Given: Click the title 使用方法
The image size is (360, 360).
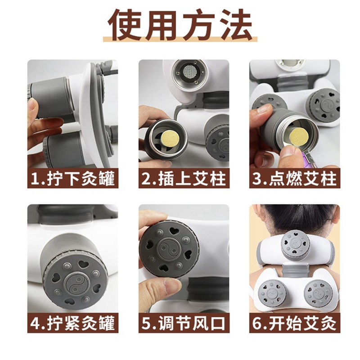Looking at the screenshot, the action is click(180, 25).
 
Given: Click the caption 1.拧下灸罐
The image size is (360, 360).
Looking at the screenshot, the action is click(72, 179).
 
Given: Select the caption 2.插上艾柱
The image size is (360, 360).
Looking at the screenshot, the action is click(184, 179).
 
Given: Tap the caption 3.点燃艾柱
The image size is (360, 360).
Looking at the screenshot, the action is click(295, 179).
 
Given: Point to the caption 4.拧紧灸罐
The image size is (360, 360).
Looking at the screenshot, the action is click(72, 323).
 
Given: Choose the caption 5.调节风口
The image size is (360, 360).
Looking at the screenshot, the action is click(184, 323).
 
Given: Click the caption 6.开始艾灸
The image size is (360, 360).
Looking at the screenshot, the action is click(295, 323).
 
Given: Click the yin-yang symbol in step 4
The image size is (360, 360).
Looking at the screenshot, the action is click(74, 284).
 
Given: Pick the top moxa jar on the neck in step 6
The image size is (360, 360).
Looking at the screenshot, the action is click(295, 245).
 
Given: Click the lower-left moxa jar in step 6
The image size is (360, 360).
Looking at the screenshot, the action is click(273, 293).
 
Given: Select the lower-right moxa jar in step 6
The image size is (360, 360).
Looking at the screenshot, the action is click(318, 293).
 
